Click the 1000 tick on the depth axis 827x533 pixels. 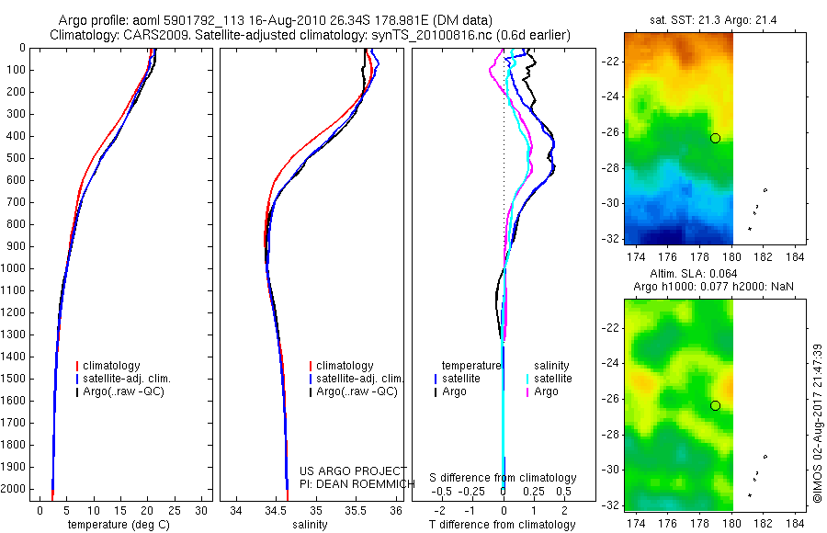pyautogui.click(x=16, y=268)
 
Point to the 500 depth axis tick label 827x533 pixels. pyautogui.click(x=16, y=158)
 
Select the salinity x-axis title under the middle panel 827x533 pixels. pyautogui.click(x=310, y=525)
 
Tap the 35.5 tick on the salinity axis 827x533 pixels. pyautogui.click(x=356, y=510)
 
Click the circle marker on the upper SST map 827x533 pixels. pyautogui.click(x=716, y=138)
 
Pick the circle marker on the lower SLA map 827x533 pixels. pyautogui.click(x=716, y=405)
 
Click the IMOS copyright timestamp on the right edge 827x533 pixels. pyautogui.click(x=817, y=423)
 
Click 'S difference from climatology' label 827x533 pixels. pyautogui.click(x=504, y=478)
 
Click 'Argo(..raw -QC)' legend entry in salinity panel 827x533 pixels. pyautogui.click(x=357, y=391)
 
